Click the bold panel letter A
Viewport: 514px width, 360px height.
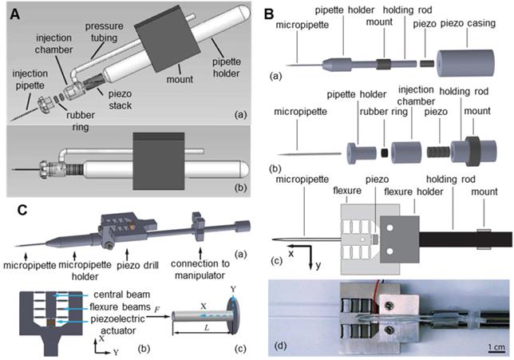pyautogui.click(x=13, y=11)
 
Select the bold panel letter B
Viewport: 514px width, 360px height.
pyautogui.click(x=270, y=11)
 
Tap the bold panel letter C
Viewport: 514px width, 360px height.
pyautogui.click(x=13, y=211)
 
